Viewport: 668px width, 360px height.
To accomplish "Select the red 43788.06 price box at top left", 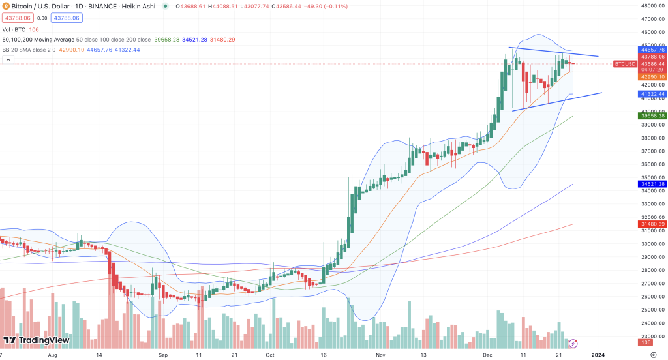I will [15, 19].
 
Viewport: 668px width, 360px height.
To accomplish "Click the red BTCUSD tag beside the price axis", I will [624, 64].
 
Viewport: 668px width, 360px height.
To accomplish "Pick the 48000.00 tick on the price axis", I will [650, 5].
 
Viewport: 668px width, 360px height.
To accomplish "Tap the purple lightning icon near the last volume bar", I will [573, 342].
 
